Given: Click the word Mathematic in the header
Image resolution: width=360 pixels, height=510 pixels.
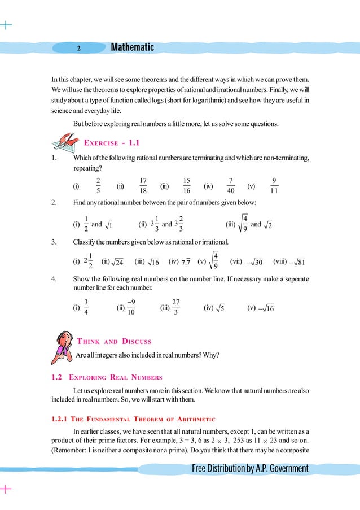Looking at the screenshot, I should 133,47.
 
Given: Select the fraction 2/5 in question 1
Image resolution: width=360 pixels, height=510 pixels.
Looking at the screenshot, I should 98,185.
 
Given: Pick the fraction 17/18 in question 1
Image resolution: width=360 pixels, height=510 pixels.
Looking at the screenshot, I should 143,185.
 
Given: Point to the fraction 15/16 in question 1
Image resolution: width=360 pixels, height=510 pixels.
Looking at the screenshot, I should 187,185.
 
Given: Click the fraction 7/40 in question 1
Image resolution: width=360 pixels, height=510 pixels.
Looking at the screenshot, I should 231,185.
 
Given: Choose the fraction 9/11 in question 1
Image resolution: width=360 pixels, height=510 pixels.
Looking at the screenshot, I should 274,185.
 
